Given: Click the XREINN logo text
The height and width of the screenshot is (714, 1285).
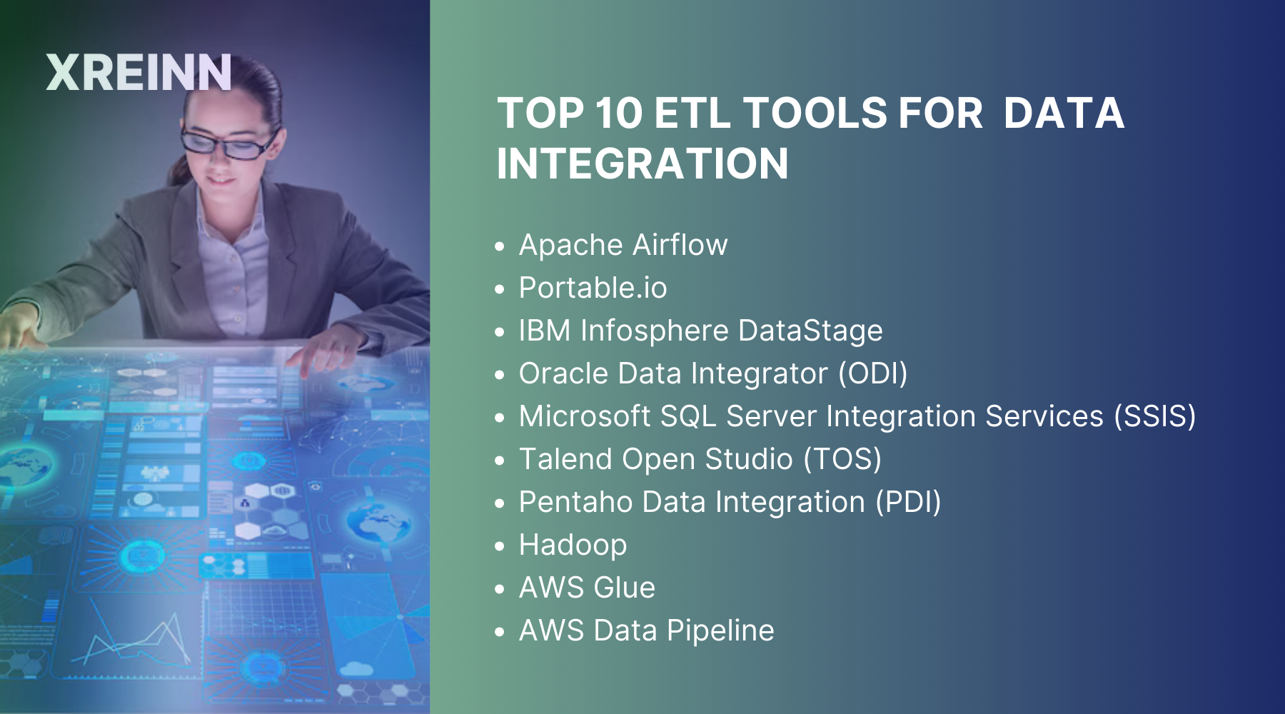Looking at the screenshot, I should click(x=138, y=73).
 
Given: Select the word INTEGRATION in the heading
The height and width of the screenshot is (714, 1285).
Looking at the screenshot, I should click(x=642, y=164).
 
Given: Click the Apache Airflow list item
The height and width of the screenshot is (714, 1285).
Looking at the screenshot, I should click(x=623, y=245).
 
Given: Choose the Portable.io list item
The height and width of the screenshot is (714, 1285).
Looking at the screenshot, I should click(x=593, y=288).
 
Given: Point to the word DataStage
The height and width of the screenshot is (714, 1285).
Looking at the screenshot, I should click(x=810, y=331).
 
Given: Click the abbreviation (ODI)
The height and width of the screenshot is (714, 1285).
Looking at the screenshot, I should click(x=872, y=373).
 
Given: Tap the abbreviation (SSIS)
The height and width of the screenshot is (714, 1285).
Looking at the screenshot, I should click(x=1154, y=416).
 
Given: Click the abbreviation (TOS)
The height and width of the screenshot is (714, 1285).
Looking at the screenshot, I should click(x=842, y=459).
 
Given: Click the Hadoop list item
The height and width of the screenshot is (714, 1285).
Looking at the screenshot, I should click(x=573, y=545).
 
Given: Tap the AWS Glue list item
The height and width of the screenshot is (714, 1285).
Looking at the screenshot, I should click(x=587, y=588).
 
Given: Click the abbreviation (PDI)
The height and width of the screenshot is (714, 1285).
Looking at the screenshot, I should click(x=908, y=502).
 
